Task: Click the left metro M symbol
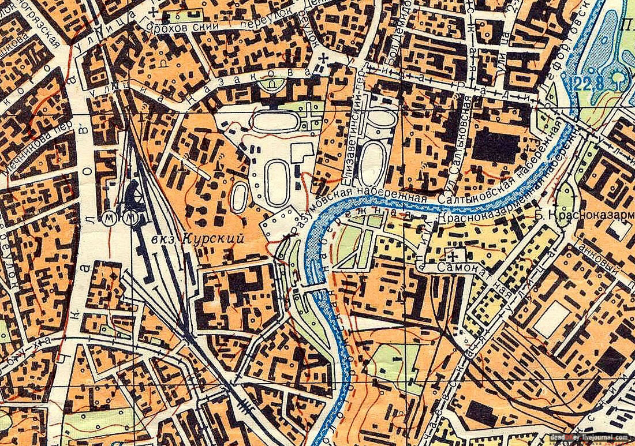pyautogui.click(x=110, y=218)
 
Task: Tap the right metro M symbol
pyautogui.click(x=131, y=218)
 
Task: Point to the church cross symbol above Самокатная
pyautogui.click(x=456, y=254)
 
